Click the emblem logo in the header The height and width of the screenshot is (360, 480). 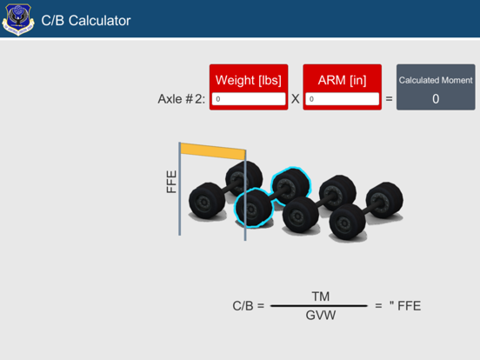[18, 20]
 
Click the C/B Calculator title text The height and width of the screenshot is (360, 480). [86, 21]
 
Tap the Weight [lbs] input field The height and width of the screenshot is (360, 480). [249, 99]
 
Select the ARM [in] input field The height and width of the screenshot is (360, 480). [343, 99]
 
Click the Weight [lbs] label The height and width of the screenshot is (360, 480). [249, 80]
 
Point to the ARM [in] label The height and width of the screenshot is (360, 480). [342, 80]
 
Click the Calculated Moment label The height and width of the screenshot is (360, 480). [436, 80]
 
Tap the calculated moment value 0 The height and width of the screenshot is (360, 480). [436, 99]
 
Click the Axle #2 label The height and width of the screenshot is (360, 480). [182, 99]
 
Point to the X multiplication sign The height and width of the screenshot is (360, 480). [296, 99]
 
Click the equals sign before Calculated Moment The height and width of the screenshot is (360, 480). [389, 99]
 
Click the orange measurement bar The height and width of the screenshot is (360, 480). [213, 151]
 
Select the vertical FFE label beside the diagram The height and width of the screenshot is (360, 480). [171, 182]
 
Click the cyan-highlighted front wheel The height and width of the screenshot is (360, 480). [252, 208]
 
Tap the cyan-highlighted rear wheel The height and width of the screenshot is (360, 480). [290, 186]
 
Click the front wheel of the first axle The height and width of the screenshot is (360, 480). [207, 201]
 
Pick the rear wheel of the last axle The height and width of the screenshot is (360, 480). [385, 200]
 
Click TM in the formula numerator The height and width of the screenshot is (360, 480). [321, 297]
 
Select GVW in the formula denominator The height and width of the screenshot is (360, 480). [321, 315]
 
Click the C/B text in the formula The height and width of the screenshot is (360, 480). [243, 306]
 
